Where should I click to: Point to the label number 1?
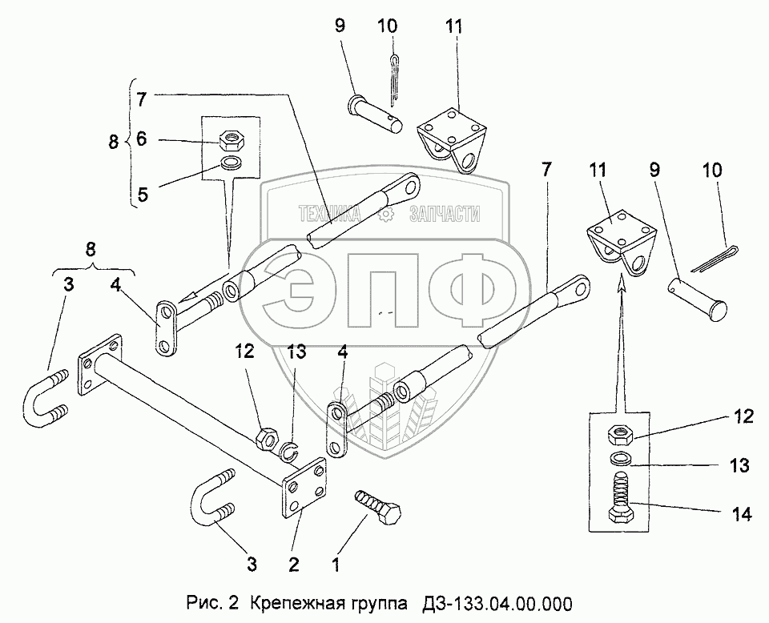click(336, 564)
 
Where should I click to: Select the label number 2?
click(294, 564)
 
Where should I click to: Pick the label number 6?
click(140, 139)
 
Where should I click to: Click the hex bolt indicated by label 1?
click(379, 506)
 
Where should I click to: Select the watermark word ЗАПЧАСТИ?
click(444, 214)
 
